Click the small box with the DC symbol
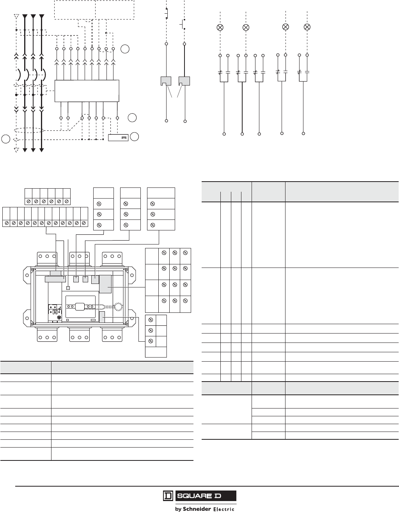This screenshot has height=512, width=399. coord(118,137)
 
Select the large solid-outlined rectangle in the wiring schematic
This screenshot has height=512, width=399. coord(87,91)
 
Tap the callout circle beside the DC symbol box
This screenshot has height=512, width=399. coord(134,137)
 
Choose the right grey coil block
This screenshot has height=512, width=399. coord(184,81)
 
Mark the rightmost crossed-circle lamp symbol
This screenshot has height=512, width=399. coord(307,27)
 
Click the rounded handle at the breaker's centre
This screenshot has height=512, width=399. coord(81,306)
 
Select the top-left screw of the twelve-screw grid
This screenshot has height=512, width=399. coord(164,253)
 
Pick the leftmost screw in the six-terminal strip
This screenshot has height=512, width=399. coord(28,202)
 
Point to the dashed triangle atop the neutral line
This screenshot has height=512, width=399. coord(16,17)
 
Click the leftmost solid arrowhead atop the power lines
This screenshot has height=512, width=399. coord(25,17)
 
